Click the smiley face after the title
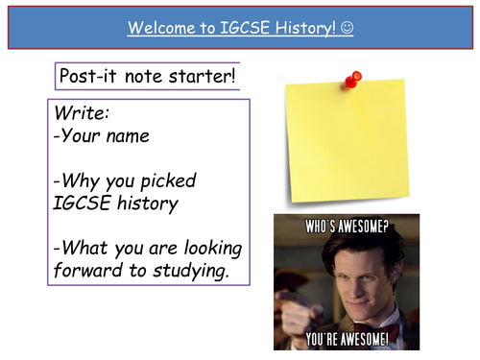[x=347, y=29]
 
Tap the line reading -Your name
[x=102, y=135]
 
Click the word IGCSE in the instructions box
[x=84, y=203]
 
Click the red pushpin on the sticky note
[x=352, y=79]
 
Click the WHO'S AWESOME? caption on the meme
[x=346, y=230]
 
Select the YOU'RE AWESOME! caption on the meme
[x=348, y=337]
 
